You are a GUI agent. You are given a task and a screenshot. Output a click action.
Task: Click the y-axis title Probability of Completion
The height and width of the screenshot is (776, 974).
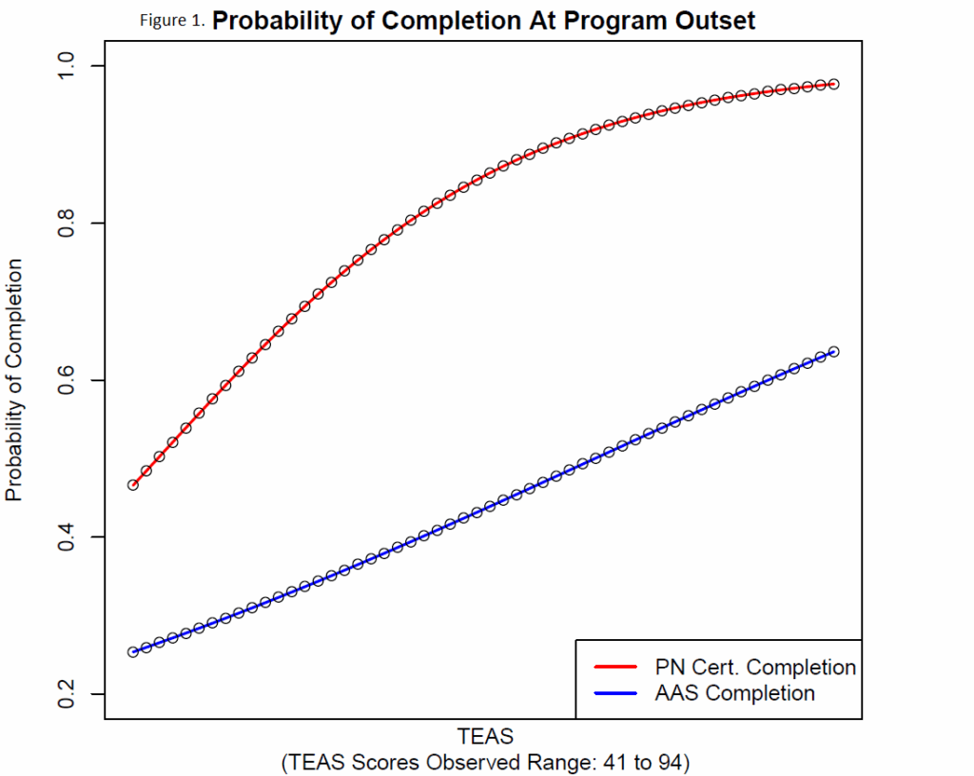click(x=15, y=380)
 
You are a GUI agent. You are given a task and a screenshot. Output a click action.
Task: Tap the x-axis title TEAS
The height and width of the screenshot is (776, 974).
click(x=485, y=736)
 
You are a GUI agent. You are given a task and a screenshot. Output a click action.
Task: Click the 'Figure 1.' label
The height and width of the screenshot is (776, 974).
click(x=172, y=22)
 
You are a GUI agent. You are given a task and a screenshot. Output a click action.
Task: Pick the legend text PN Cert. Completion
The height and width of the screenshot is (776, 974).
click(x=755, y=667)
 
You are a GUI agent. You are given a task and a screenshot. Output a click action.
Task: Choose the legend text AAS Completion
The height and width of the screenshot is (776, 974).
click(x=734, y=693)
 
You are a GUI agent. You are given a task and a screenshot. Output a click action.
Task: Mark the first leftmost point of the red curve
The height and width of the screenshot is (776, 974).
click(x=133, y=485)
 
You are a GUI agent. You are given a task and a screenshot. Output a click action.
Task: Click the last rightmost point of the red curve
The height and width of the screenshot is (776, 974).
click(x=834, y=85)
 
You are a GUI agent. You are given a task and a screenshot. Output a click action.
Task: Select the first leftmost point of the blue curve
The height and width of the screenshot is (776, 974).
click(x=133, y=652)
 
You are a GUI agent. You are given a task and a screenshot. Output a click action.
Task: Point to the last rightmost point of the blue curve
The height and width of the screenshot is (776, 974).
click(x=834, y=352)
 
